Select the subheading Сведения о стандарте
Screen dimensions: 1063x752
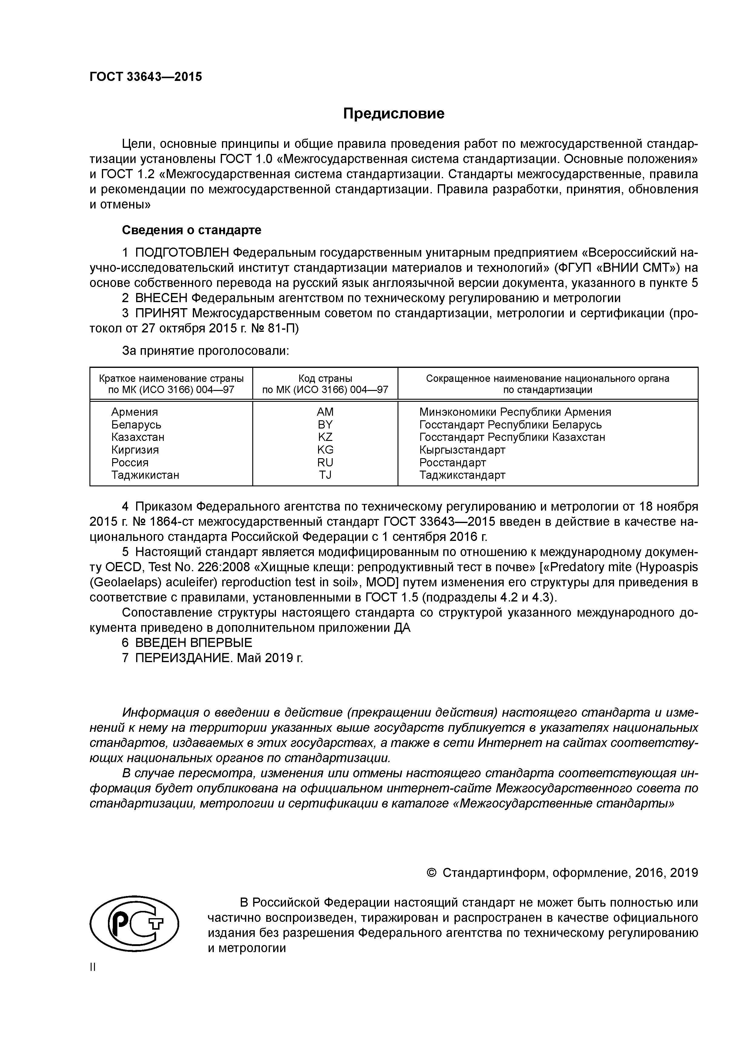(x=191, y=230)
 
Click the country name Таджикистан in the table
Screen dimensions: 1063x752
(x=145, y=475)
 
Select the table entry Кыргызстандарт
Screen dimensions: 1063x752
(x=462, y=450)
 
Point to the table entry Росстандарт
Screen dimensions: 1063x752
(x=452, y=462)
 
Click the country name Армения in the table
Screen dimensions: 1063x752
(x=134, y=412)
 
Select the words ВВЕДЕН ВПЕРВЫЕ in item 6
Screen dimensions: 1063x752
(x=194, y=643)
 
